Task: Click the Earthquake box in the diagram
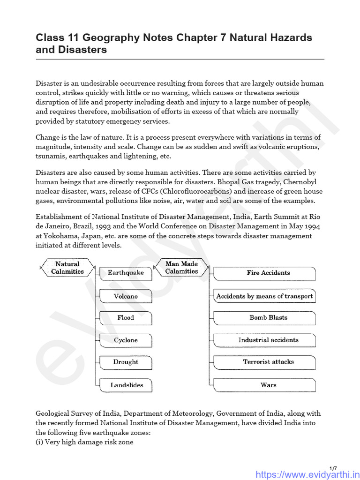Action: click(x=126, y=273)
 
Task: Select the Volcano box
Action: click(x=126, y=296)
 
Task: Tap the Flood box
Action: click(x=126, y=318)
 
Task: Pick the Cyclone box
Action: click(x=126, y=340)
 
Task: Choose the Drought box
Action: click(x=126, y=362)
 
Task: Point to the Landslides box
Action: click(x=127, y=385)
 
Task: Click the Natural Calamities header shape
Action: click(x=67, y=268)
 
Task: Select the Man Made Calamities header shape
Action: click(x=181, y=268)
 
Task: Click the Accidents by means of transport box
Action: click(x=264, y=296)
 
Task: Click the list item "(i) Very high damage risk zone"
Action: click(x=84, y=442)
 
